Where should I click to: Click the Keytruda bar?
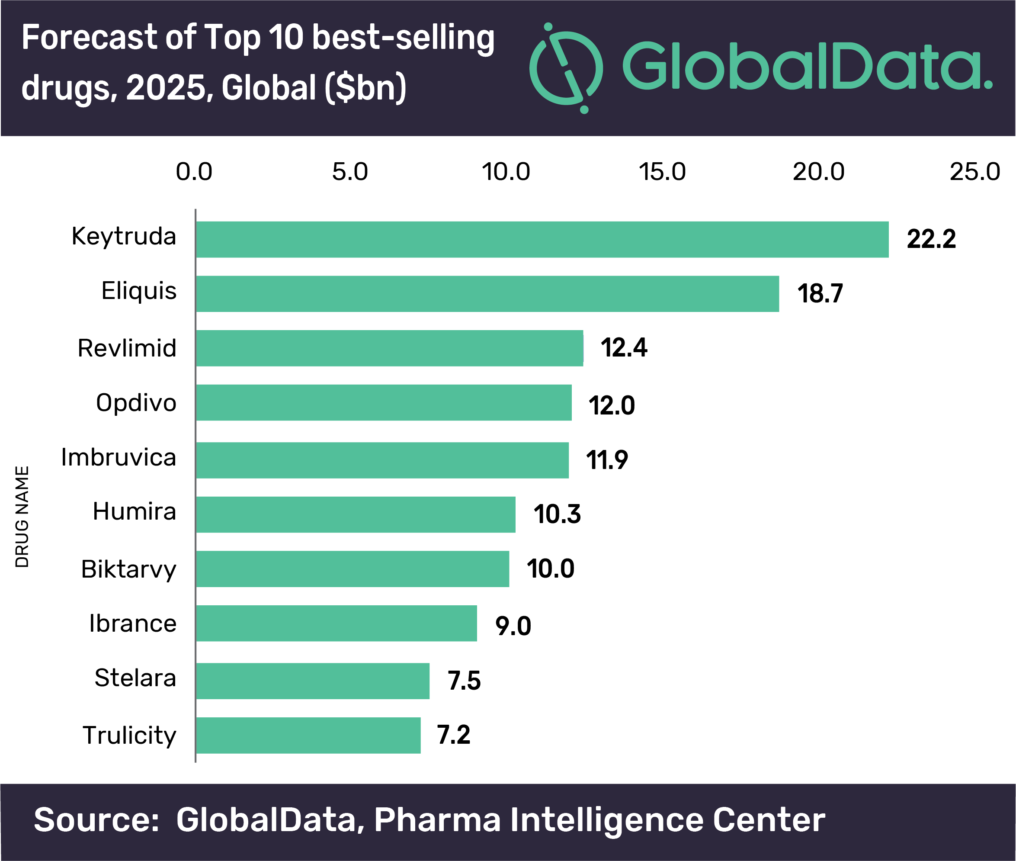point(542,239)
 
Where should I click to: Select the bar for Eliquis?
point(487,293)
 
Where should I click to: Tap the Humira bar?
point(355,514)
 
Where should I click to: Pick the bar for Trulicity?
point(308,735)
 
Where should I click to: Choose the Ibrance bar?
point(336,623)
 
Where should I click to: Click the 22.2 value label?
point(931,239)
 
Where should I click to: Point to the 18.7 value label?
point(820,294)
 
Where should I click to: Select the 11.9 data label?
point(606,460)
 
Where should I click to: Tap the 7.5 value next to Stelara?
point(464,681)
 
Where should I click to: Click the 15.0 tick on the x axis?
point(662,172)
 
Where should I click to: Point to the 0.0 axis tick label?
point(194,172)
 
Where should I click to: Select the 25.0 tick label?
point(974,172)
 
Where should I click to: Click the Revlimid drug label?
point(127,348)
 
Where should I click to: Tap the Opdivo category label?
point(136,403)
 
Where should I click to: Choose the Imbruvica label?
point(119,457)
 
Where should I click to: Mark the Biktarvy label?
point(129,569)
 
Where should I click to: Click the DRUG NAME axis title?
point(22,517)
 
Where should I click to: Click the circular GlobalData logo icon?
point(566,68)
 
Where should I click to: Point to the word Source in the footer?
point(96,820)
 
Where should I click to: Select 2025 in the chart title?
point(166,88)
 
